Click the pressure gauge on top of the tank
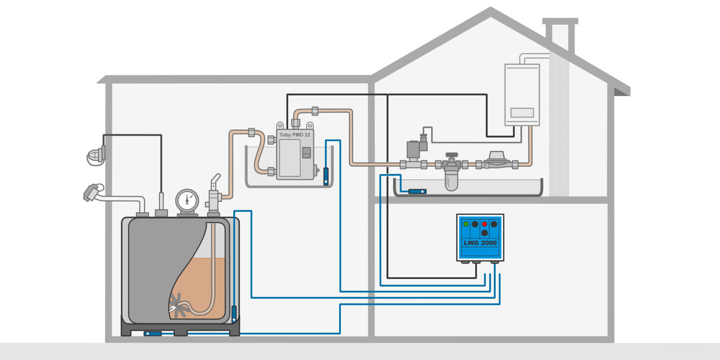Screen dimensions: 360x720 [187, 200]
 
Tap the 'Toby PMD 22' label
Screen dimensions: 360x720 [295, 135]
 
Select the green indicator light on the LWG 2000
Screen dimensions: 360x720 [466, 224]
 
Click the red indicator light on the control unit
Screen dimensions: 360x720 [484, 224]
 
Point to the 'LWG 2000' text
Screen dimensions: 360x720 [480, 243]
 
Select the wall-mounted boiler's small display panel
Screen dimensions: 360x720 [521, 112]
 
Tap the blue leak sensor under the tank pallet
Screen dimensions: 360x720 [153, 333]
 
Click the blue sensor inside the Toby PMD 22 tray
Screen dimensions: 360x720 [326, 176]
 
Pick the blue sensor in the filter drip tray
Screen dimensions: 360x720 [417, 192]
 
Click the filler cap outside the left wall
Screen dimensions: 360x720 [92, 192]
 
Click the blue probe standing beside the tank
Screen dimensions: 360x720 [234, 313]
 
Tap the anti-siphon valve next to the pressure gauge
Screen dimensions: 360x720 [214, 194]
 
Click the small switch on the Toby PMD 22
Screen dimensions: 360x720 [306, 153]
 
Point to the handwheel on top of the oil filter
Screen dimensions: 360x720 [451, 155]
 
